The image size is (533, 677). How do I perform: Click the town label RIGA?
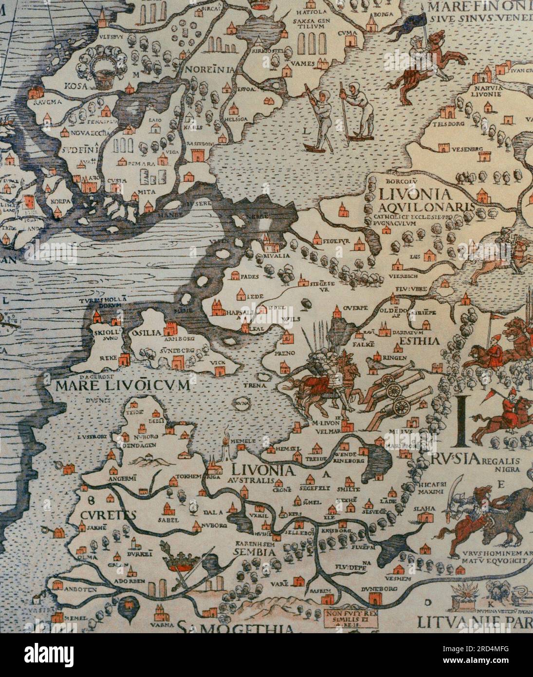point(214,478)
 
